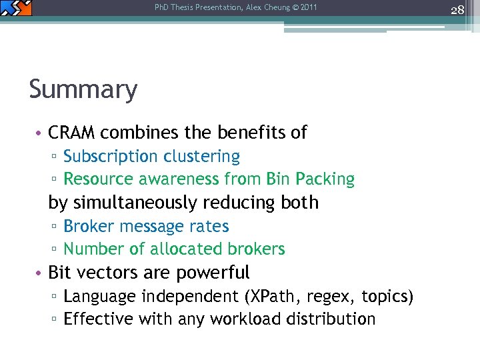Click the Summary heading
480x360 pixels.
83,89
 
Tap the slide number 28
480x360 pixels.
457,10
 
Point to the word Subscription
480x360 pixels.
106,157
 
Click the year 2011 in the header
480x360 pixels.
309,8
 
